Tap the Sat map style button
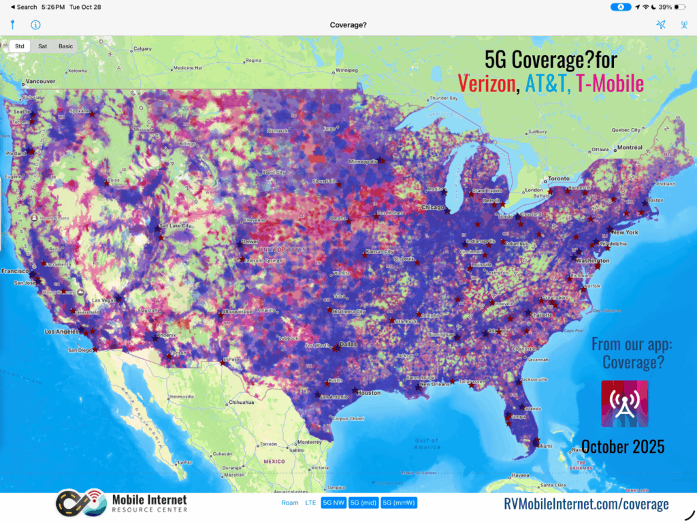click(42, 46)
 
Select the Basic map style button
click(65, 46)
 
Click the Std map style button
click(20, 46)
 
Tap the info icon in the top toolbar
click(35, 25)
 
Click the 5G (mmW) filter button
click(399, 503)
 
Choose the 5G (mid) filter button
click(364, 503)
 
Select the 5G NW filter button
click(334, 503)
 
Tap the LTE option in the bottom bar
click(310, 503)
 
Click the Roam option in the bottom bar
click(290, 503)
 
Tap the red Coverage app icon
click(624, 404)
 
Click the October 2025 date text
click(623, 447)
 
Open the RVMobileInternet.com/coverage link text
click(586, 504)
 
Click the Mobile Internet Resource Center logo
click(121, 504)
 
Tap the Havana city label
click(520, 475)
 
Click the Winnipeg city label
click(346, 69)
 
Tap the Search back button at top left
click(24, 7)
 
